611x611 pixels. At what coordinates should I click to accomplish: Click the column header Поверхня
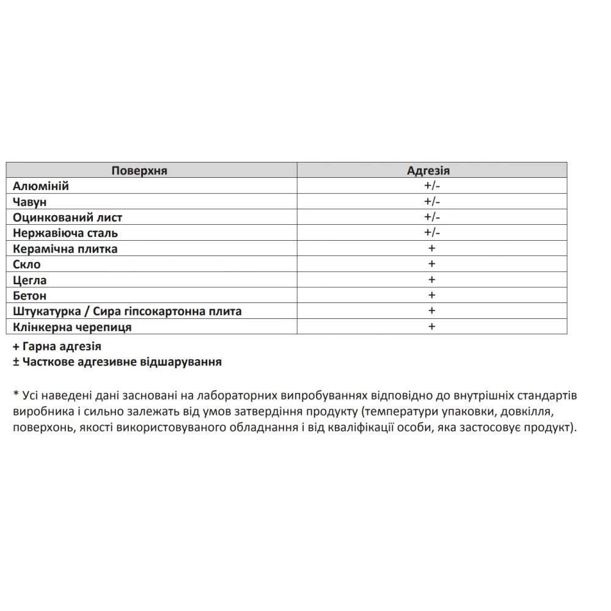139,170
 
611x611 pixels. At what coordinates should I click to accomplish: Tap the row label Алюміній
41,186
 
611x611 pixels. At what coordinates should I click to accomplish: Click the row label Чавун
30,202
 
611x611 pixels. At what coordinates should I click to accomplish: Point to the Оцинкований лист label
68,218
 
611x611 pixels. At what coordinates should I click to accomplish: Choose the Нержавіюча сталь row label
65,233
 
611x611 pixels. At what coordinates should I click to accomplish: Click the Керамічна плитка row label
65,249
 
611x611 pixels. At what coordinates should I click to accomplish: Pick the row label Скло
27,265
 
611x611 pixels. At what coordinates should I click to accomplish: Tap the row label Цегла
30,280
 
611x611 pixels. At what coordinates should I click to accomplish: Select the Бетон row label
30,296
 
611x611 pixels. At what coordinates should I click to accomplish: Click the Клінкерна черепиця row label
72,327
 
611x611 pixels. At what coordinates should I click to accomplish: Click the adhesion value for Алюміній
431,186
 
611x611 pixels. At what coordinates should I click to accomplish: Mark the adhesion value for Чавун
431,202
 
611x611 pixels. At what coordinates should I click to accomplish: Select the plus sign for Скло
431,264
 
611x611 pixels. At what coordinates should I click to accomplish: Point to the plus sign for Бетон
431,295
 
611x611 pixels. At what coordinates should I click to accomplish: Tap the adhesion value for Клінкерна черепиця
431,326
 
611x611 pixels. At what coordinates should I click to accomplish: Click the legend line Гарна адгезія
57,346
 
